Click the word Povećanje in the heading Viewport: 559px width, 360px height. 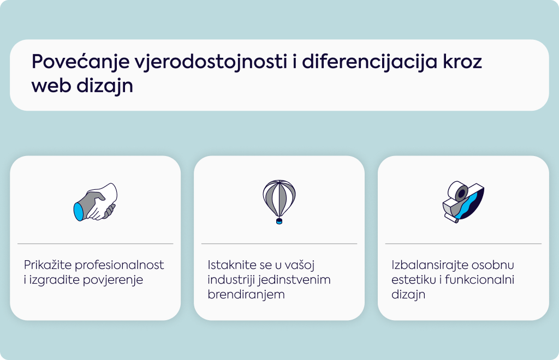(x=81, y=62)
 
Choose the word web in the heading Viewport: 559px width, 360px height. (x=51, y=86)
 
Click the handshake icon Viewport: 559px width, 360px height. (x=96, y=202)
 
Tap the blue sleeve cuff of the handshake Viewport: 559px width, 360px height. (x=79, y=212)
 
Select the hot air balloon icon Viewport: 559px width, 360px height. (x=279, y=202)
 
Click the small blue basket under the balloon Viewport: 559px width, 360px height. (x=279, y=221)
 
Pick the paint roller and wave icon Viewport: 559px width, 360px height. (x=463, y=202)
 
